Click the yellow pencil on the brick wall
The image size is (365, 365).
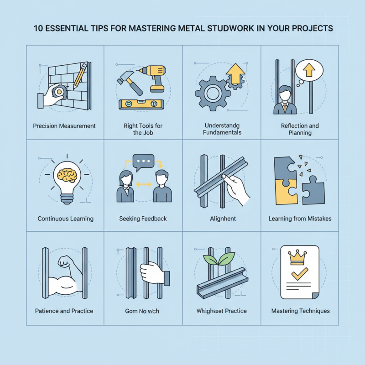[81, 75]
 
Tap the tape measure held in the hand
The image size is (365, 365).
[58, 92]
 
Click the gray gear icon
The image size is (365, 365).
[213, 94]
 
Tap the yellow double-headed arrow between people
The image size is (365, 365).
[144, 184]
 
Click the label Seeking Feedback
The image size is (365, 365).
[143, 219]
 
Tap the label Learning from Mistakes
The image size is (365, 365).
[300, 219]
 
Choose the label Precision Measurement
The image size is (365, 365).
[64, 125]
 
